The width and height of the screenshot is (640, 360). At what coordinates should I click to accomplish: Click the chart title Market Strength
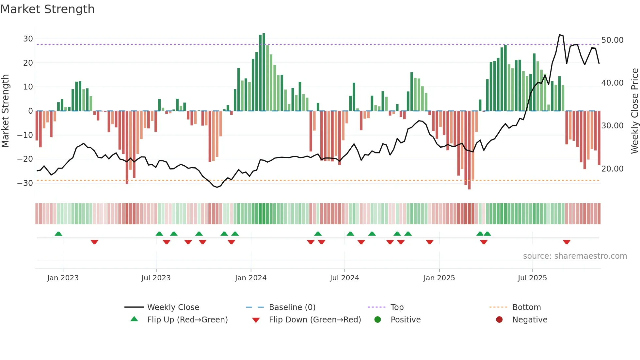pyautogui.click(x=47, y=9)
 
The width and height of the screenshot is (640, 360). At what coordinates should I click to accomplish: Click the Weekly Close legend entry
pyautogui.click(x=173, y=307)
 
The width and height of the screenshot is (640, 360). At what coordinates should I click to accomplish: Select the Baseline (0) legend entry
pyautogui.click(x=292, y=307)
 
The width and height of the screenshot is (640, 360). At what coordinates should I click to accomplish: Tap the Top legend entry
pyautogui.click(x=397, y=307)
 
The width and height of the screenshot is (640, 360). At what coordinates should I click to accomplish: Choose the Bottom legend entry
pyautogui.click(x=526, y=307)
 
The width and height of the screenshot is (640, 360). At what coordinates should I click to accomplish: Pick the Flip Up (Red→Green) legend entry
pyautogui.click(x=187, y=320)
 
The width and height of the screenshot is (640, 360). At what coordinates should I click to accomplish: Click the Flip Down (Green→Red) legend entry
pyautogui.click(x=315, y=320)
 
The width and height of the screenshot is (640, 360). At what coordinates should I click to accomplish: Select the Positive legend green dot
pyautogui.click(x=378, y=320)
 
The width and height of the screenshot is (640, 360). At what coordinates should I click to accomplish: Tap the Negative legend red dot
pyautogui.click(x=499, y=320)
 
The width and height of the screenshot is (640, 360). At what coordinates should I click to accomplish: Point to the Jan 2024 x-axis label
pyautogui.click(x=251, y=278)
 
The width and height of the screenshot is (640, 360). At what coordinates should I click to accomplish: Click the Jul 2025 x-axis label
pyautogui.click(x=532, y=278)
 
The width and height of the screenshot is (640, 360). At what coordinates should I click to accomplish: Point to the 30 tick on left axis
pyautogui.click(x=28, y=39)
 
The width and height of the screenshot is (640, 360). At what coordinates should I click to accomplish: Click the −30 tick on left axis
pyautogui.click(x=25, y=183)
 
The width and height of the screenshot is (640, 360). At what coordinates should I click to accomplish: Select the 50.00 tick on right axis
pyautogui.click(x=612, y=40)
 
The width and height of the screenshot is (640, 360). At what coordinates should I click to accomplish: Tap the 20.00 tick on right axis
pyautogui.click(x=612, y=169)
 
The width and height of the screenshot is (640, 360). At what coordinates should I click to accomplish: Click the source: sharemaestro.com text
pyautogui.click(x=575, y=256)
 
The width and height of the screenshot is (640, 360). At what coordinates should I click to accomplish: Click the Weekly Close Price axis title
pyautogui.click(x=634, y=111)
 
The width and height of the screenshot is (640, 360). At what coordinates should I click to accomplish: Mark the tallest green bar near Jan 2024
pyautogui.click(x=264, y=72)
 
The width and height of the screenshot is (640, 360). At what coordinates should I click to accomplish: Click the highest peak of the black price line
pyautogui.click(x=559, y=35)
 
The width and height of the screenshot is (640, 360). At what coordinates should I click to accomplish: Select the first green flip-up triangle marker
pyautogui.click(x=58, y=234)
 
